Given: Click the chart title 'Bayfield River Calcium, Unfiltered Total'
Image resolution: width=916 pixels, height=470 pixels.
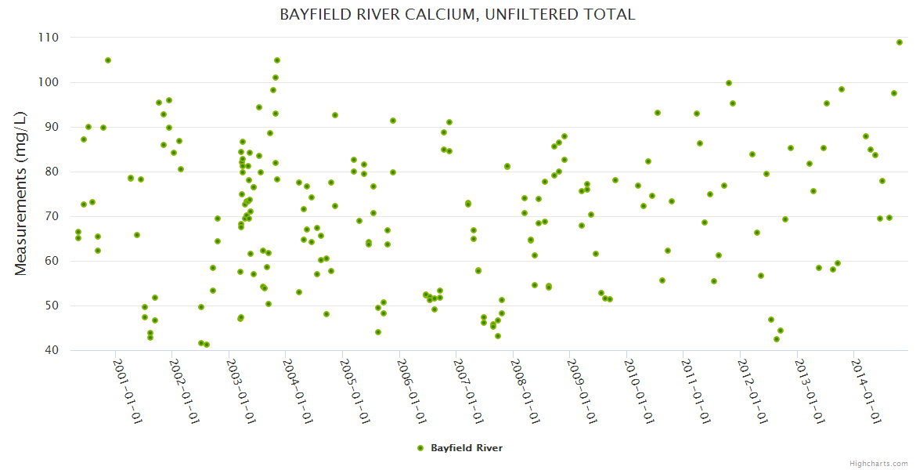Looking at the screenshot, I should click(x=457, y=14).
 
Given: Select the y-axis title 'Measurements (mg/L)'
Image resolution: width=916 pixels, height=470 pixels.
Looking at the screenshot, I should click(x=21, y=193).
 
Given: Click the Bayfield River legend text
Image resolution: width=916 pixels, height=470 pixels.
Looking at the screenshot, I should click(x=467, y=448).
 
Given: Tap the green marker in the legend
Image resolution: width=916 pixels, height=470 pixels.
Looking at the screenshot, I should click(x=420, y=448).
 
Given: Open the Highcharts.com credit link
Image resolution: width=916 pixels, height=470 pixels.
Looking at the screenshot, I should click(x=878, y=463).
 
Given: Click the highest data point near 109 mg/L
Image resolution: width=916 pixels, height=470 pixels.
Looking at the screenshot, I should click(x=900, y=42).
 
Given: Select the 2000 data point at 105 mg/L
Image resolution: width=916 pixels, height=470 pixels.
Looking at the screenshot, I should click(x=108, y=60).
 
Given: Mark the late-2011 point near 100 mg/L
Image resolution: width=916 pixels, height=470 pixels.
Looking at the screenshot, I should click(x=729, y=83).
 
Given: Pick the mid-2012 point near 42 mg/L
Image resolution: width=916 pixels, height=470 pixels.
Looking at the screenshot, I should click(x=776, y=339).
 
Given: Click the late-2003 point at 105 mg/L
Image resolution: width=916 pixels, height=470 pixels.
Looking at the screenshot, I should click(x=277, y=60).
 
